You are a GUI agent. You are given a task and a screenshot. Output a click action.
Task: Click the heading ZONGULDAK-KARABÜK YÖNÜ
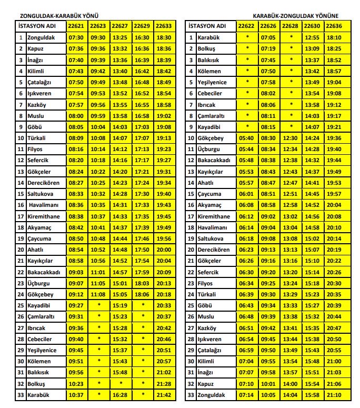click(52, 16)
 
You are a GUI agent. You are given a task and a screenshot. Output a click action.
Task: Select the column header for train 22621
click(76, 26)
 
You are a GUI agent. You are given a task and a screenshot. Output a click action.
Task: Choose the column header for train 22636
click(334, 26)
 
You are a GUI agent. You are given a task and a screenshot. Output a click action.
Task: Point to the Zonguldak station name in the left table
click(40, 37)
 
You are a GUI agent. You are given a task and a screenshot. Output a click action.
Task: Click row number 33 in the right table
click(191, 395)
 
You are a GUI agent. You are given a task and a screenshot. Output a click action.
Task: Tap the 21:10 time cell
click(334, 395)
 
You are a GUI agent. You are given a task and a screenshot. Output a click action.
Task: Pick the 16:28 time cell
click(120, 395)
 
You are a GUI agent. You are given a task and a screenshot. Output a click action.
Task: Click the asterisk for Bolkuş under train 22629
click(142, 384)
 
